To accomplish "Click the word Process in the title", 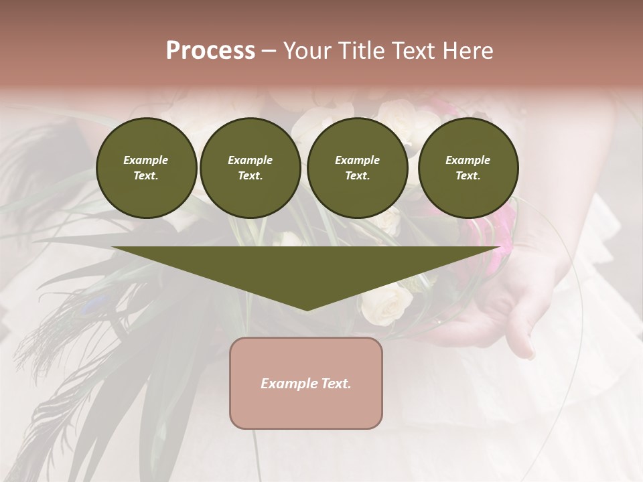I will (x=210, y=51).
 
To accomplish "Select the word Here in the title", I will (x=467, y=51).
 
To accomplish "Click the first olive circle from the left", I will (x=146, y=168).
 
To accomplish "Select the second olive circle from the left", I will (x=250, y=168).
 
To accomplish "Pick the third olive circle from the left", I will (x=357, y=168).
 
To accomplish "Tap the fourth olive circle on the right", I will (x=468, y=168).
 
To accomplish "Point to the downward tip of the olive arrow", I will (x=307, y=309).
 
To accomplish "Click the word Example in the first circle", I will (x=146, y=160).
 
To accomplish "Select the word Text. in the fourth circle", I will (x=468, y=176).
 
